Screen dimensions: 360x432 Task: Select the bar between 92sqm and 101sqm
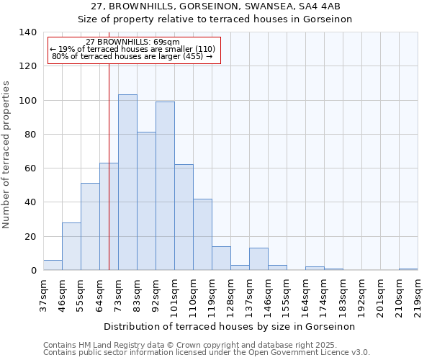coord(165,186)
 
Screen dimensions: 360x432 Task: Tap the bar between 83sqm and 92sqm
coord(146,201)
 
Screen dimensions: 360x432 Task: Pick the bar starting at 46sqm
coord(71,246)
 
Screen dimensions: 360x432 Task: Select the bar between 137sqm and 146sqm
coord(258,259)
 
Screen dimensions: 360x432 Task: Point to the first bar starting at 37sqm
coord(53,265)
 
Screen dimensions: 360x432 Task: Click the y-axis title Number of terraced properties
coord(6,154)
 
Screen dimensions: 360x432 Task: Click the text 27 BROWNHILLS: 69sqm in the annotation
coord(132,42)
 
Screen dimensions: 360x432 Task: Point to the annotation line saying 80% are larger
coord(132,56)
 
